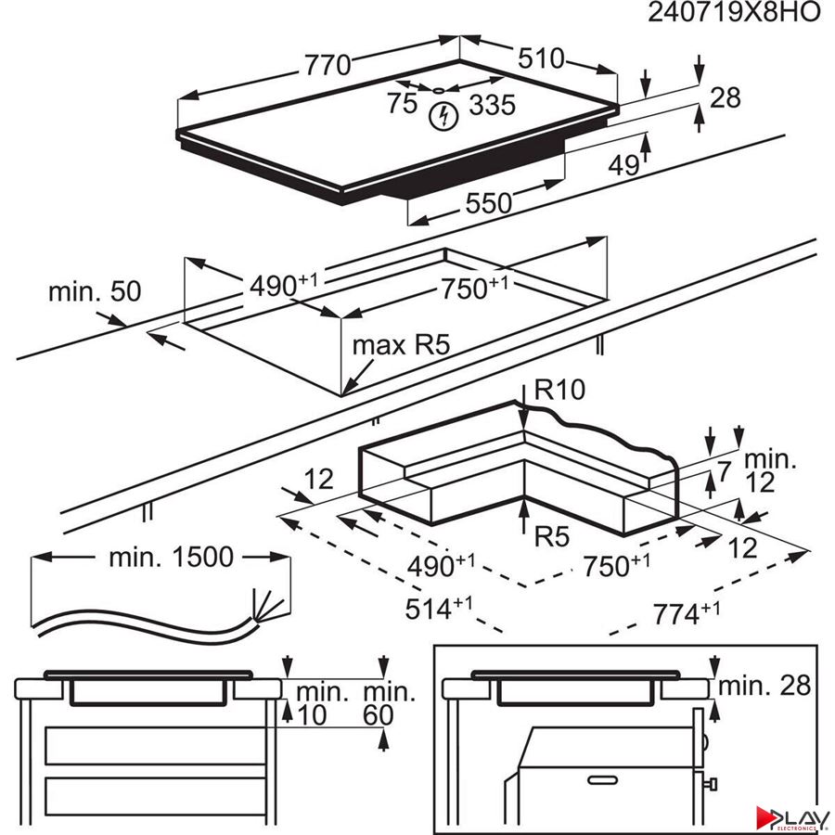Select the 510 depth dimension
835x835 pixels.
[x=541, y=58]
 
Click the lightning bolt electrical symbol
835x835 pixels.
[x=446, y=117]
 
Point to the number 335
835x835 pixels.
[x=491, y=105]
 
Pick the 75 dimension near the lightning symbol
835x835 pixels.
[x=403, y=104]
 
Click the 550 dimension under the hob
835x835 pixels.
[x=488, y=203]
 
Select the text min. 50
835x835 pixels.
[x=95, y=291]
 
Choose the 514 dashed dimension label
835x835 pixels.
[x=440, y=609]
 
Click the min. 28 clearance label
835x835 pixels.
[x=766, y=686]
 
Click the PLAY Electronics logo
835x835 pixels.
[x=794, y=817]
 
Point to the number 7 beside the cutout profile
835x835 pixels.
[x=724, y=470]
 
